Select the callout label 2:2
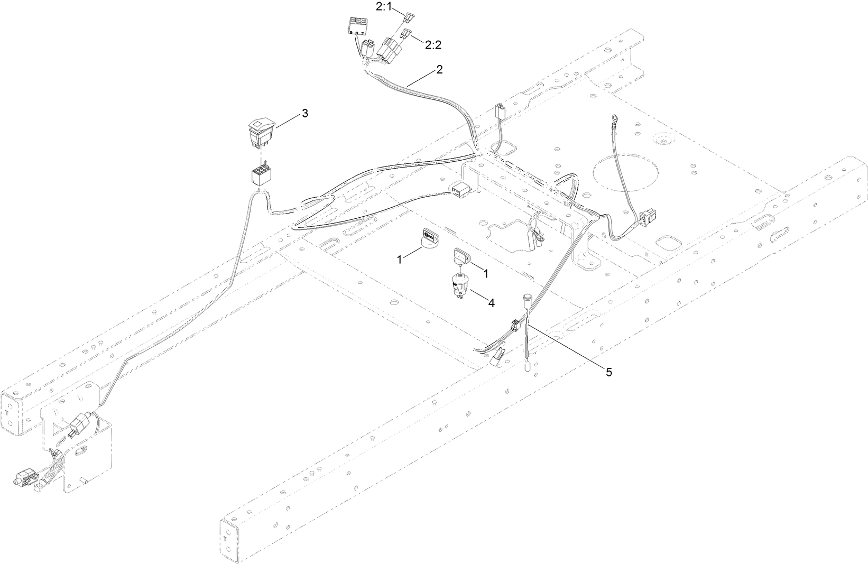pos(433,45)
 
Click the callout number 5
pos(608,372)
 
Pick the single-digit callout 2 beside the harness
pos(439,69)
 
